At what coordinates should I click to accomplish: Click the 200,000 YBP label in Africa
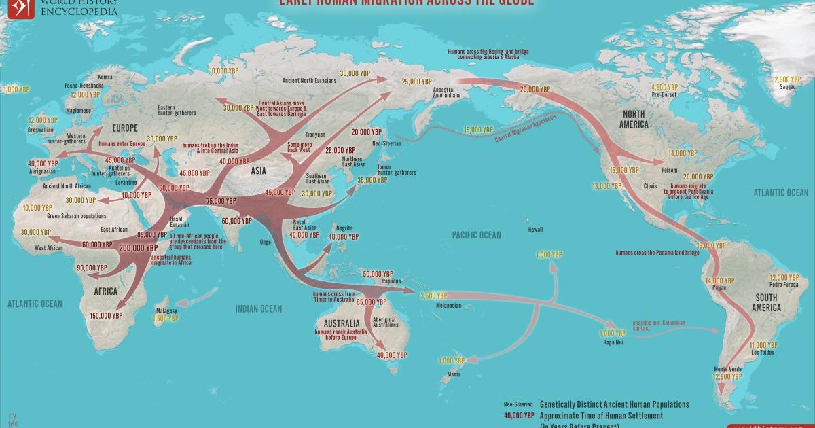point(139,249)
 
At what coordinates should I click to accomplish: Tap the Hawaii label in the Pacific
point(535,230)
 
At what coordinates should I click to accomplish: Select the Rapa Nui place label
point(611,343)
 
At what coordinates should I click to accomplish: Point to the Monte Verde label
point(722,368)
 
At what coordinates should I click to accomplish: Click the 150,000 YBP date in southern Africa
point(107,315)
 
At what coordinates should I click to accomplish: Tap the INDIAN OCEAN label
point(258,309)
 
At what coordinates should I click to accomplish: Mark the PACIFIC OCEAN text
point(477,235)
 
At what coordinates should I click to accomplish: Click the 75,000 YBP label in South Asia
point(220,201)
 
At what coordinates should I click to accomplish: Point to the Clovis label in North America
point(651,185)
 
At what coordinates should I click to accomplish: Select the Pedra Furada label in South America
point(783,286)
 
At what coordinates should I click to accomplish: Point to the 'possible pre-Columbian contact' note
point(659,325)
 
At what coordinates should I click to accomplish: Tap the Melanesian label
point(448,305)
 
